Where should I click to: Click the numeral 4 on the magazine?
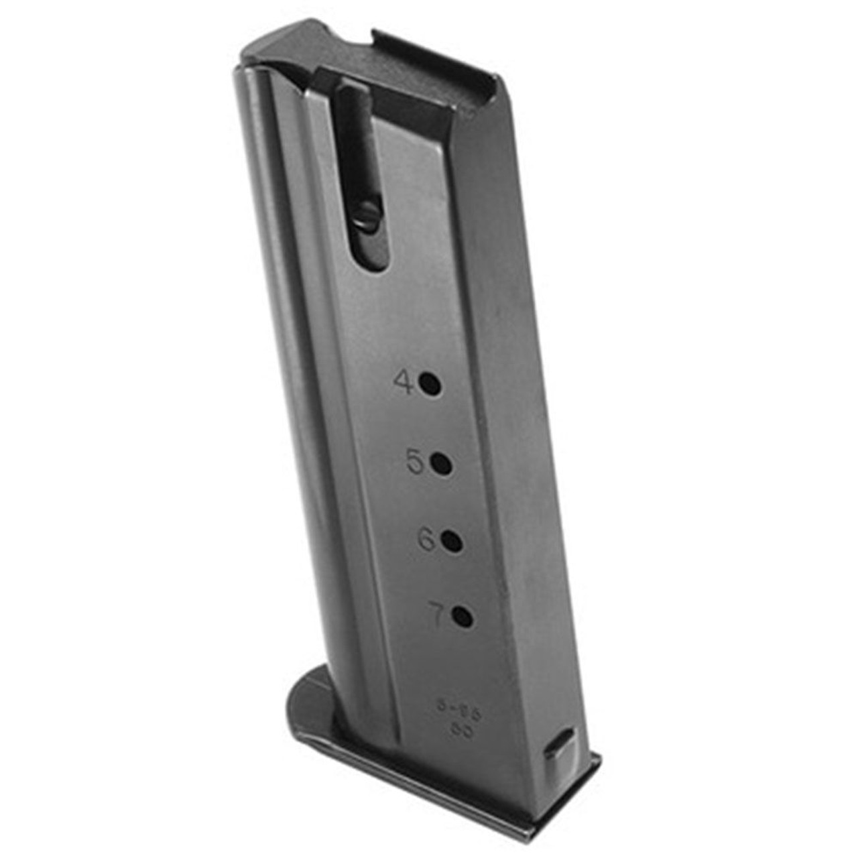404,383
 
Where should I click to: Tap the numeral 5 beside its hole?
416,462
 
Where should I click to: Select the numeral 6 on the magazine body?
427,540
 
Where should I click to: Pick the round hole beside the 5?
441,463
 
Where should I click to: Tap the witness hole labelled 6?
451,540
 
